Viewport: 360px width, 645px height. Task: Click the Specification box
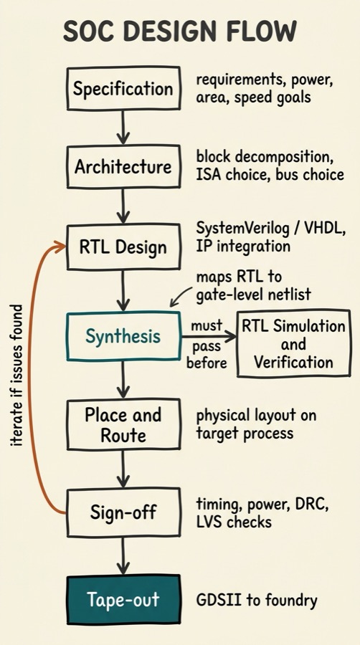[x=123, y=90]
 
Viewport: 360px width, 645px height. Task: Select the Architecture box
[x=123, y=168]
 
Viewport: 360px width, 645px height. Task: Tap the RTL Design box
[x=123, y=247]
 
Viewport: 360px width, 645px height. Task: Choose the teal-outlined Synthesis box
[x=123, y=335]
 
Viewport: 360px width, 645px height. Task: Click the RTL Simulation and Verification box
[x=293, y=344]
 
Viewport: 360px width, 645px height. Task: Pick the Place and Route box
[x=123, y=424]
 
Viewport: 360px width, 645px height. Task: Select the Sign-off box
[x=123, y=512]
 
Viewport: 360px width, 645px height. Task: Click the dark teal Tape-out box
[x=123, y=599]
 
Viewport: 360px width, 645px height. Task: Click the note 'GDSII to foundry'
[x=256, y=599]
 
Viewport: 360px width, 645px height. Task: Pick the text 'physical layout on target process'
[x=256, y=424]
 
